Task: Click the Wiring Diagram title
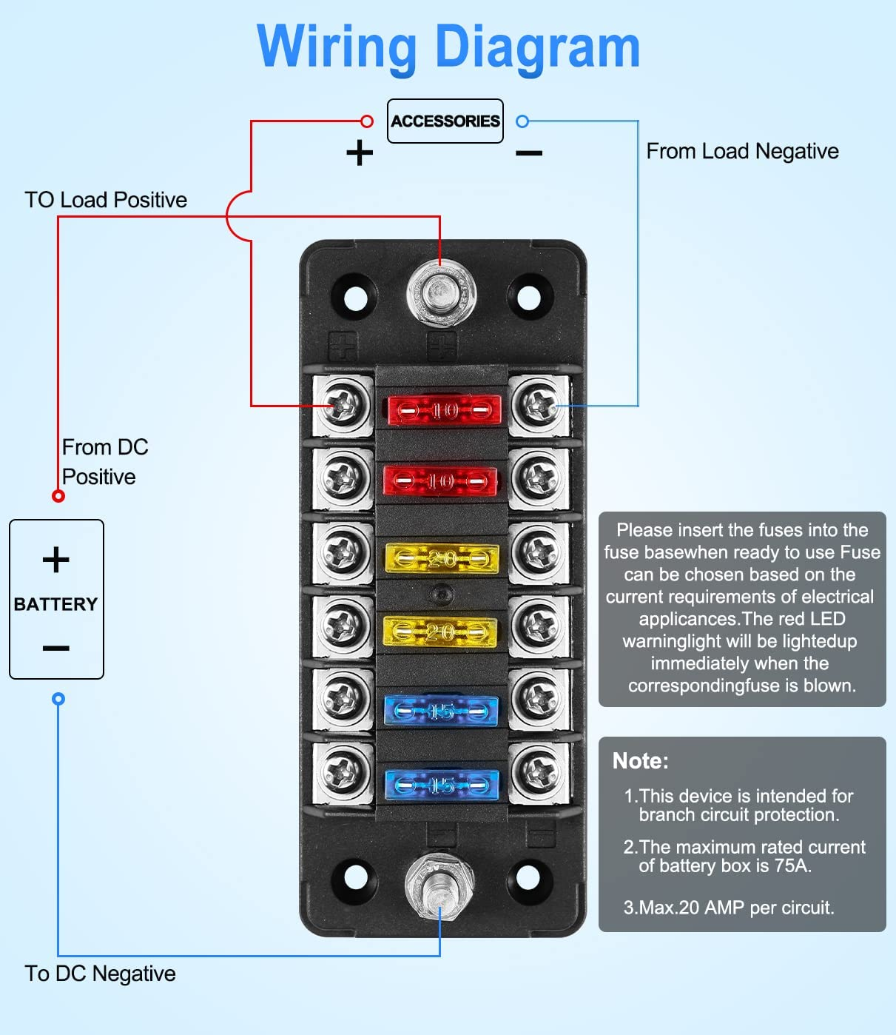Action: click(x=448, y=47)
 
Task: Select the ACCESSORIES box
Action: click(x=445, y=121)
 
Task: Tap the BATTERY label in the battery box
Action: click(x=56, y=604)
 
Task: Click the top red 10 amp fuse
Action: click(x=444, y=409)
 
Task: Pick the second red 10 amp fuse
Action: click(x=440, y=481)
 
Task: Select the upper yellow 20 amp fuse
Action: click(x=442, y=558)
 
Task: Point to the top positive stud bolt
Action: click(x=441, y=295)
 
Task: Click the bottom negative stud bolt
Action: click(x=439, y=884)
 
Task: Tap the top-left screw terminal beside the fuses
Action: click(x=343, y=405)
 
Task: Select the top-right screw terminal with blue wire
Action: click(x=539, y=405)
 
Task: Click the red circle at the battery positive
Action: click(x=58, y=496)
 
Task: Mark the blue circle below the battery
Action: click(x=58, y=699)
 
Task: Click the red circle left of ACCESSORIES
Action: click(x=367, y=121)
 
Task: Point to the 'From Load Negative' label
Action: click(x=742, y=151)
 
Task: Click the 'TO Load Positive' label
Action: click(x=106, y=200)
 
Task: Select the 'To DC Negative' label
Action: click(x=100, y=974)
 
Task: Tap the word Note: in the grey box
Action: click(x=641, y=761)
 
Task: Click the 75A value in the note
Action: click(x=792, y=866)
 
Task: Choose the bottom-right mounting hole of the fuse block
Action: click(x=528, y=877)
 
